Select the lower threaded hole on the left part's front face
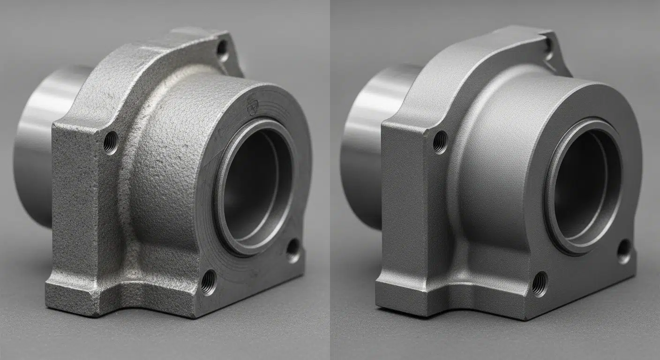(208, 282)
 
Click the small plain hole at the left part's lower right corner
(293, 250)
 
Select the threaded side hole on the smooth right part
(440, 142)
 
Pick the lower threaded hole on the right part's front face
(539, 284)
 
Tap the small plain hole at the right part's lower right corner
(624, 251)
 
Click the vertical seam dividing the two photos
(330, 180)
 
